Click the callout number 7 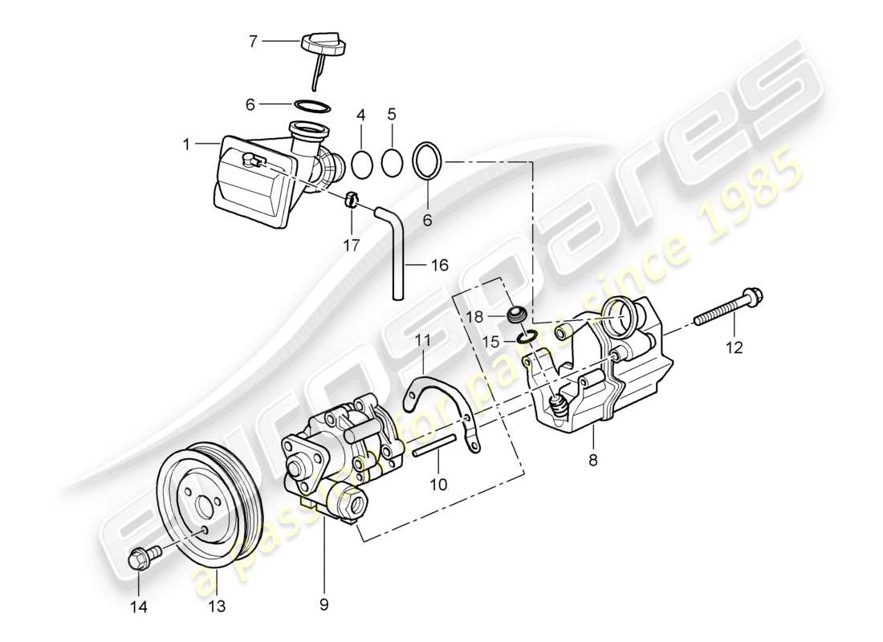pos(253,40)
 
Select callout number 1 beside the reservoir pos(185,145)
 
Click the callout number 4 pos(361,115)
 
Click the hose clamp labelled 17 pos(352,198)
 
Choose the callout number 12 pos(734,347)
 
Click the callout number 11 pos(423,341)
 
